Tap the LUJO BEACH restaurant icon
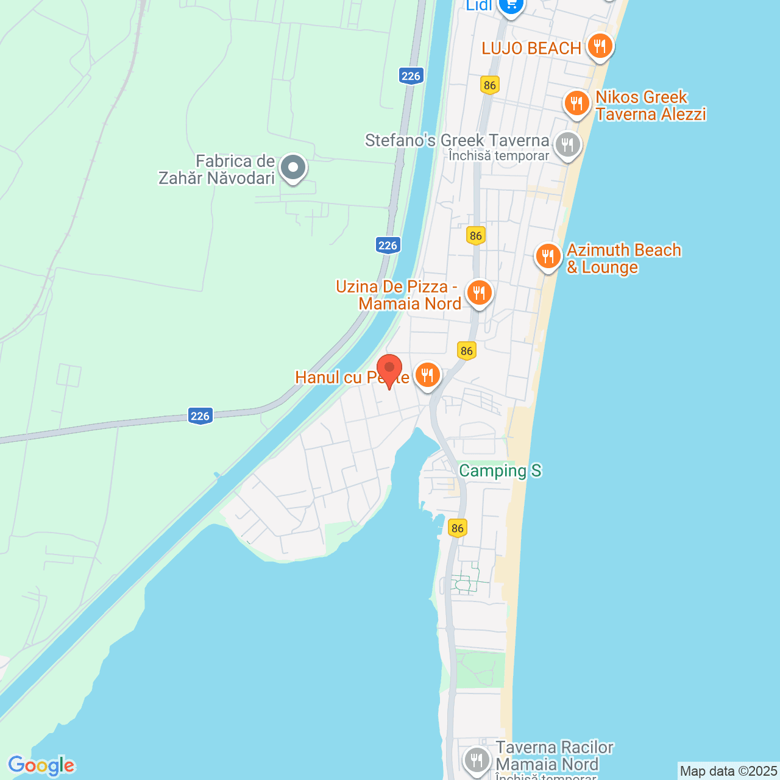point(600,46)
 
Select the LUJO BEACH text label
point(531,49)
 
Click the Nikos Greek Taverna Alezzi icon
point(576,104)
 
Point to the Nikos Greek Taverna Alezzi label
point(650,106)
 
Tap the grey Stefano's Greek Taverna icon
point(567,145)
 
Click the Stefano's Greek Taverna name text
point(457,141)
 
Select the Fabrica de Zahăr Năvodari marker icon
point(293,167)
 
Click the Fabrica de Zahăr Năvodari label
point(217,169)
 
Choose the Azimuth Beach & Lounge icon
point(548,257)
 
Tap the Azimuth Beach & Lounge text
point(623,258)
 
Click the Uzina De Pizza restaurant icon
point(479,293)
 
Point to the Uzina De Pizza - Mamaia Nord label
point(399,295)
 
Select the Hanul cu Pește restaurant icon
point(428,375)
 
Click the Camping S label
point(500,470)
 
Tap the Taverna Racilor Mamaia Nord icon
point(477,760)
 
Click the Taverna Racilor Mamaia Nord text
point(554,756)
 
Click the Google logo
point(41,765)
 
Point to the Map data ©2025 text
point(728,771)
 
